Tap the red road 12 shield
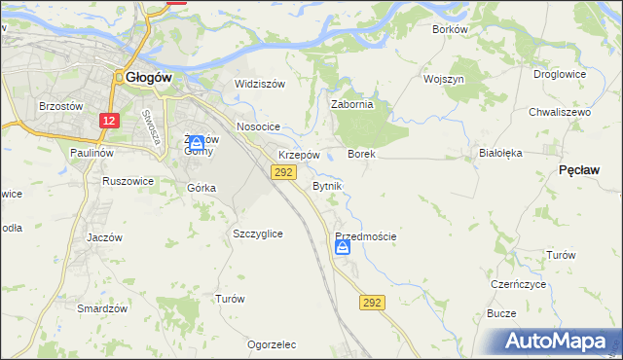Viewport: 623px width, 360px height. coord(110,120)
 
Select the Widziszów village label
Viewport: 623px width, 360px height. coord(260,84)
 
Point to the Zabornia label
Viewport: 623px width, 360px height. coord(352,105)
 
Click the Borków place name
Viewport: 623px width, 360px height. coord(450,29)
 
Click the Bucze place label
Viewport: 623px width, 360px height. coord(501,313)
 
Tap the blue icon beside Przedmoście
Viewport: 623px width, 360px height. coord(343,249)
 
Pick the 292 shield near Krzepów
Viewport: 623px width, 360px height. coord(283,172)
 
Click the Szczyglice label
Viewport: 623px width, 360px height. coord(258,234)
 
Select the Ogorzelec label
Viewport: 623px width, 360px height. coord(272,344)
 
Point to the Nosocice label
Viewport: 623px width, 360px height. coord(258,127)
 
